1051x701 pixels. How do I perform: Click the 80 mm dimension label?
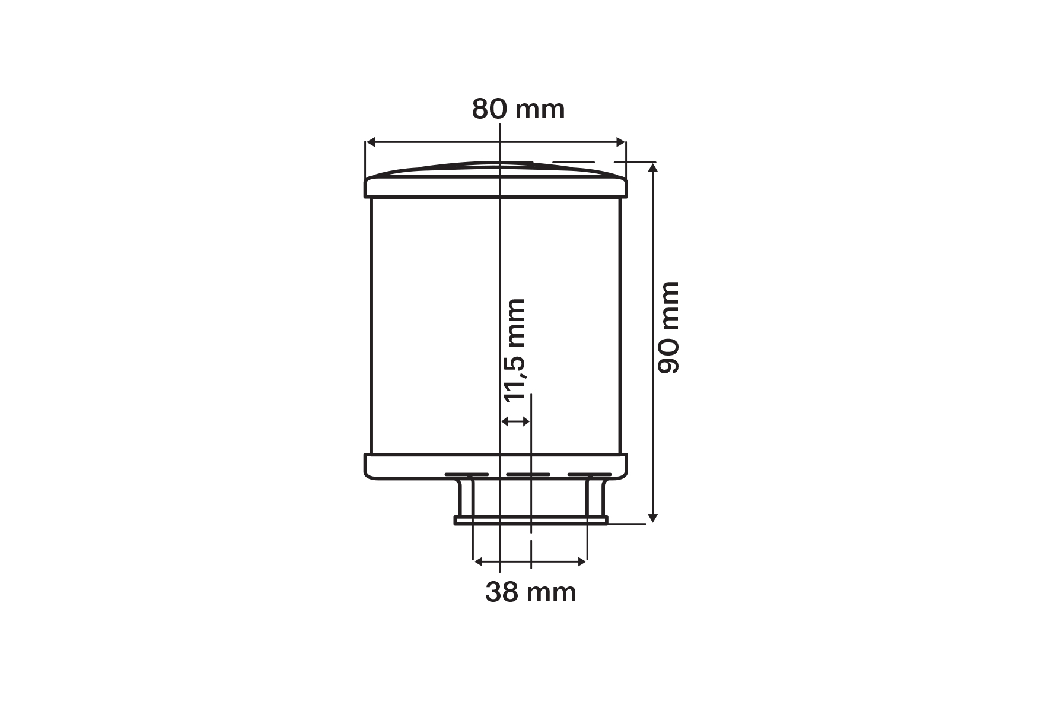(x=518, y=110)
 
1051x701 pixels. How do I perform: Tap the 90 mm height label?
(x=668, y=328)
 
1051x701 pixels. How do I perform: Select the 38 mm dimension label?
(x=531, y=592)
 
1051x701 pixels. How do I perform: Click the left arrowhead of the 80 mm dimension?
(x=371, y=142)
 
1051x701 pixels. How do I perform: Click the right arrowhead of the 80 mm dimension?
(x=621, y=142)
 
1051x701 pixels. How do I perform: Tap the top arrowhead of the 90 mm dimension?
(x=653, y=167)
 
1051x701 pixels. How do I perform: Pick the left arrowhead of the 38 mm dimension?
(x=478, y=560)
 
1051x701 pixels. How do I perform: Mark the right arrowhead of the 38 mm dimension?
(x=582, y=560)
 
